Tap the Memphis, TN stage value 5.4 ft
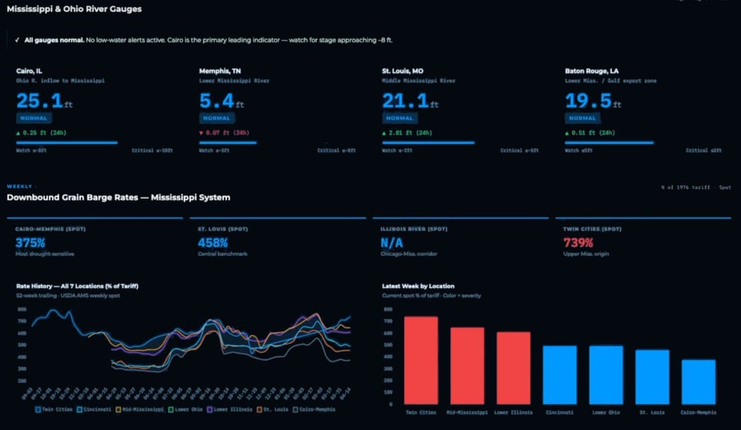[216, 101]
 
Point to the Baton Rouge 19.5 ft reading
[588, 101]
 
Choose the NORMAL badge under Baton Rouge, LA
[582, 118]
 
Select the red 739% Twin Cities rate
[579, 243]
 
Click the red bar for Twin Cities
[421, 360]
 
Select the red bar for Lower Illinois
[513, 368]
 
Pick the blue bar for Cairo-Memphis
[698, 382]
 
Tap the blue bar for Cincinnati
[559, 374]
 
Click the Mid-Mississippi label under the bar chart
[467, 412]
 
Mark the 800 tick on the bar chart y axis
[388, 309]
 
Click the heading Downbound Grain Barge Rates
[118, 198]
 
